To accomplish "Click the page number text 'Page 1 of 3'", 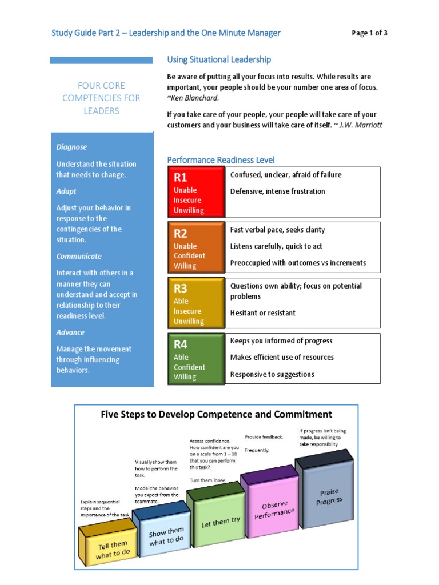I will pos(369,33).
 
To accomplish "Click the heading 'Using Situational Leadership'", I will pos(219,59).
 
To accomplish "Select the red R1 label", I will pos(181,178).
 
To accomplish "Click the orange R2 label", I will pos(181,233).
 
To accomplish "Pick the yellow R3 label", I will pos(181,289).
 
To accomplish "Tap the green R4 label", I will pos(181,344).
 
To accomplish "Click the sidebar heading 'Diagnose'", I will pos(71,147).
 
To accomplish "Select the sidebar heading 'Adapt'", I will pos(66,191).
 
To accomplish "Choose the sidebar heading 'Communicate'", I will pos(79,257).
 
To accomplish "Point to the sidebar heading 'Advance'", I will pos(70,332).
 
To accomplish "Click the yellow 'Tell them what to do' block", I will pos(111,549).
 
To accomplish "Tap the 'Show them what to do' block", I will pos(166,537).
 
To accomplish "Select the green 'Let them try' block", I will pos(221,523).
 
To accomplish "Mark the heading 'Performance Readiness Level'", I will pos(221,160).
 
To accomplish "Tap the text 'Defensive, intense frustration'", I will pos(277,191).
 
